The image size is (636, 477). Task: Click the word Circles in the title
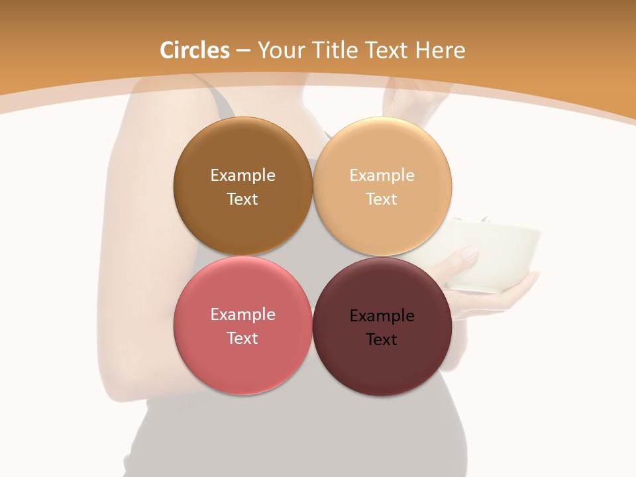pos(194,50)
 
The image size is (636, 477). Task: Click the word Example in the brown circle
pos(242,176)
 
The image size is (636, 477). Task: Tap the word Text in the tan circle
pos(382,199)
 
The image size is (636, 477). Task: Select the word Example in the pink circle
pos(242,315)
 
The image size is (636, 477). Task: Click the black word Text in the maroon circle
pos(382,340)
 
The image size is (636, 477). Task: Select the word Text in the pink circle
pos(242,339)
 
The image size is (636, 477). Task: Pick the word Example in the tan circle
pos(382,176)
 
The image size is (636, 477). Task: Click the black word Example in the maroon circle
pos(382,316)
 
